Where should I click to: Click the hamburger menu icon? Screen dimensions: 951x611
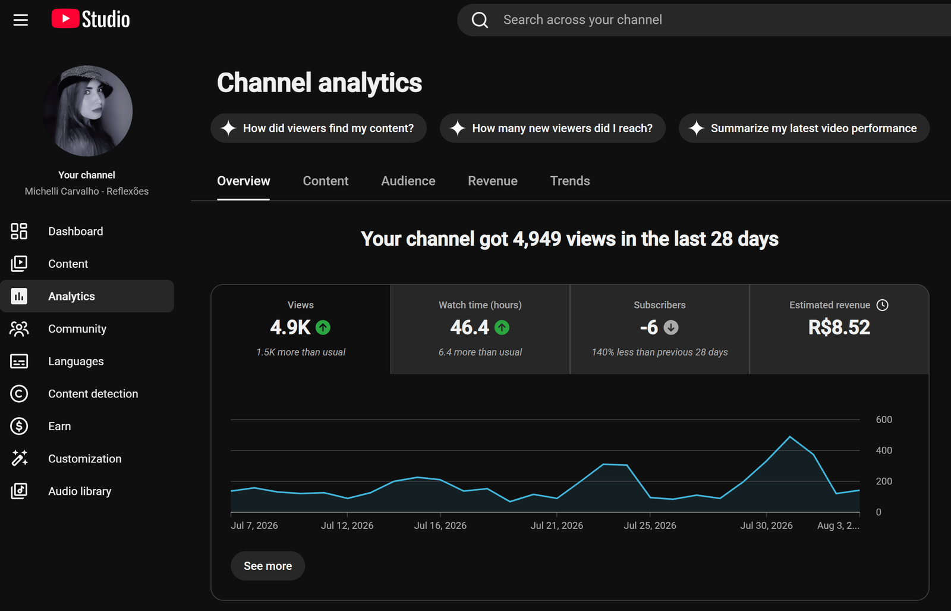[x=20, y=20]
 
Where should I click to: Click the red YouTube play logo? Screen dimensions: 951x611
[x=65, y=18]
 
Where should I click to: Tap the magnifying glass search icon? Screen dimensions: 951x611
[x=480, y=20]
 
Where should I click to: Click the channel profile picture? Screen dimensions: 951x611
[x=87, y=111]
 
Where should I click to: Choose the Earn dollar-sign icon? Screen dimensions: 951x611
[x=19, y=426]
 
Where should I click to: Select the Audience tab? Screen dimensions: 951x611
[x=408, y=181]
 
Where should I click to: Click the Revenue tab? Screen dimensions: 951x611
[x=493, y=181]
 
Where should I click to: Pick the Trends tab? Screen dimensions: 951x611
[x=570, y=181]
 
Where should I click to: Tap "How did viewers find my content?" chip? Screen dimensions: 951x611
[x=319, y=128]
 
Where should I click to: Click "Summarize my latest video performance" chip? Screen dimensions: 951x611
[x=804, y=128]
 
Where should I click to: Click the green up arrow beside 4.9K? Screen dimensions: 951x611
[x=323, y=328]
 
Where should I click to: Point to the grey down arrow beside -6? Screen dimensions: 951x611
[x=671, y=328]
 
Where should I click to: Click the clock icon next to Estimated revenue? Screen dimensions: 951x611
[x=882, y=305]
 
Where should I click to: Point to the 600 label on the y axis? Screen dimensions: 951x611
[x=884, y=419]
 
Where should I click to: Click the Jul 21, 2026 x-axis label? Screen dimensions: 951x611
[x=556, y=525]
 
